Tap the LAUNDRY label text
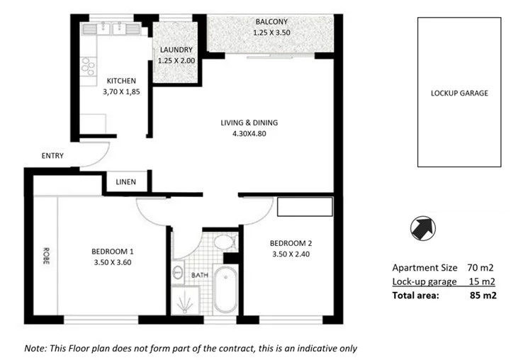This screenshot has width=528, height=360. (x=176, y=50)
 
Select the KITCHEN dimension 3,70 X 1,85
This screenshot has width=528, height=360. (x=121, y=93)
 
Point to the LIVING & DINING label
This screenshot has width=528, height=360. (x=249, y=123)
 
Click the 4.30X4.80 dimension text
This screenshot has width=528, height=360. (x=249, y=134)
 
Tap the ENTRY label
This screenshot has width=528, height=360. (x=52, y=156)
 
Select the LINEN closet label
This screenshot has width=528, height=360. (x=126, y=182)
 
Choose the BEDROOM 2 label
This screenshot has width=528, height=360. (x=291, y=244)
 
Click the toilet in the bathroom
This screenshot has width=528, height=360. (x=225, y=242)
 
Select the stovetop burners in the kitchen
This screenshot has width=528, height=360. (x=89, y=67)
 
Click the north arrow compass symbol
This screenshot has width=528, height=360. (x=423, y=227)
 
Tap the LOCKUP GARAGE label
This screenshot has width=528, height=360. (x=459, y=93)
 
